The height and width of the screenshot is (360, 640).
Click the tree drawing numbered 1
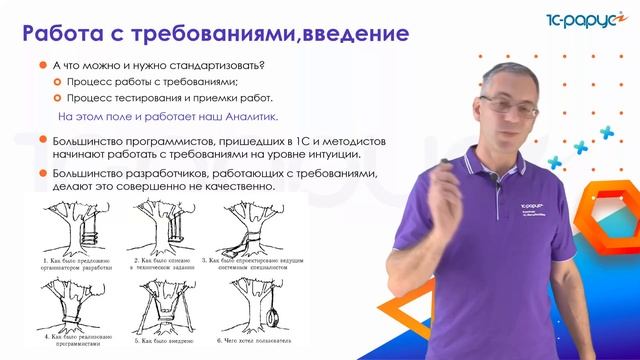click(x=75, y=231)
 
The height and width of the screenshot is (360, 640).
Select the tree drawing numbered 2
click(x=165, y=231)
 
